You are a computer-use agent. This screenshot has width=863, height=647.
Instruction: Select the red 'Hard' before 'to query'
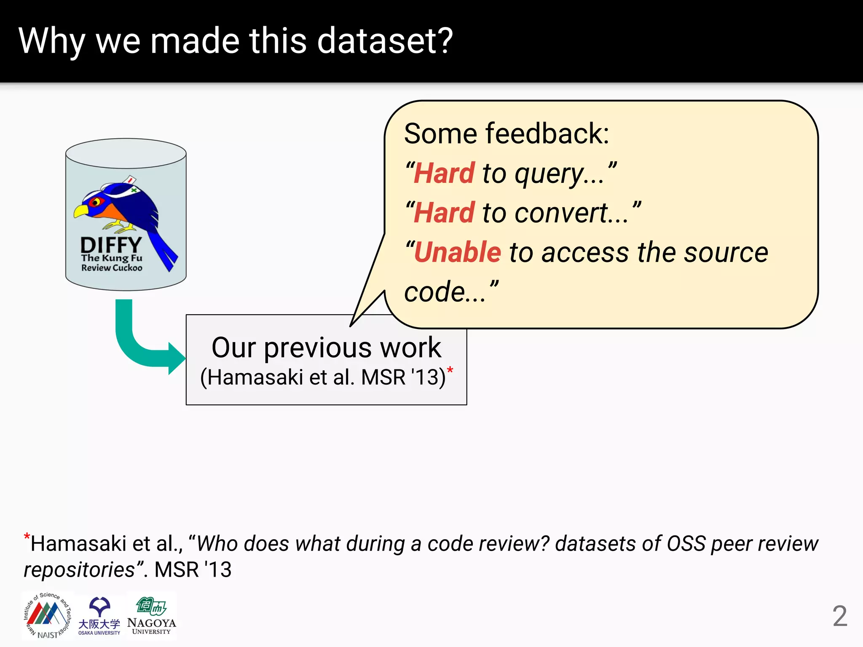tap(444, 173)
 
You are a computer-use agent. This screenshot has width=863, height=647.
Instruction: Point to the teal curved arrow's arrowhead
tap(176, 358)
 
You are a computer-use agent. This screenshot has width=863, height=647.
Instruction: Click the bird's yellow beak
tap(81, 211)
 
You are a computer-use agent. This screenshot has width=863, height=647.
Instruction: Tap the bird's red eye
tap(96, 202)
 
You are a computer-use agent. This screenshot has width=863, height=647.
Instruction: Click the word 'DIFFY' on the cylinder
tap(111, 245)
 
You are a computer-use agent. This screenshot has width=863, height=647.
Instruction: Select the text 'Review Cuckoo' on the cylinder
tap(112, 268)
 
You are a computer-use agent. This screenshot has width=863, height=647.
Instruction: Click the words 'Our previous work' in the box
tap(326, 348)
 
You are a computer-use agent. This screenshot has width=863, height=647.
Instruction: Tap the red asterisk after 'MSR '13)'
tap(450, 371)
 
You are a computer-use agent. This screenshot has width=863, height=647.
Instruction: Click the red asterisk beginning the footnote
tap(27, 537)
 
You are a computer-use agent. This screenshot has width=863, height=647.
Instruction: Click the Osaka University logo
tap(99, 616)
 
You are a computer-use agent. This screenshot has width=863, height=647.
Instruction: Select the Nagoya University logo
tap(152, 616)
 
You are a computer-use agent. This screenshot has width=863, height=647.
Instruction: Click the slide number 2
tap(839, 616)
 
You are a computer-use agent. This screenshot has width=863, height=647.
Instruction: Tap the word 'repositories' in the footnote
tap(79, 570)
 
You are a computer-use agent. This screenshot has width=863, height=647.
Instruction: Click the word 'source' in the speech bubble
tap(726, 253)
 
